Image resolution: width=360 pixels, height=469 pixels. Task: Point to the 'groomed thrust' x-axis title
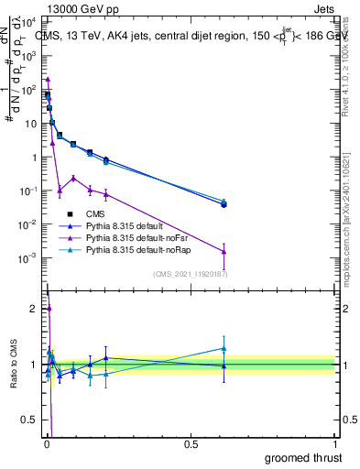pos(302,456)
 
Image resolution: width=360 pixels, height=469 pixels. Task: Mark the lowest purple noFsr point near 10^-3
pos(224,252)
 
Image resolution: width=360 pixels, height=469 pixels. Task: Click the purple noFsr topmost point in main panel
pos(48,79)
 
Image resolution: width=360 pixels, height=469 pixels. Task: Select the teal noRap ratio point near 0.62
pos(224,348)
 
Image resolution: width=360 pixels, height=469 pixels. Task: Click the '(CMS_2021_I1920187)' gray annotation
pos(191,273)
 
